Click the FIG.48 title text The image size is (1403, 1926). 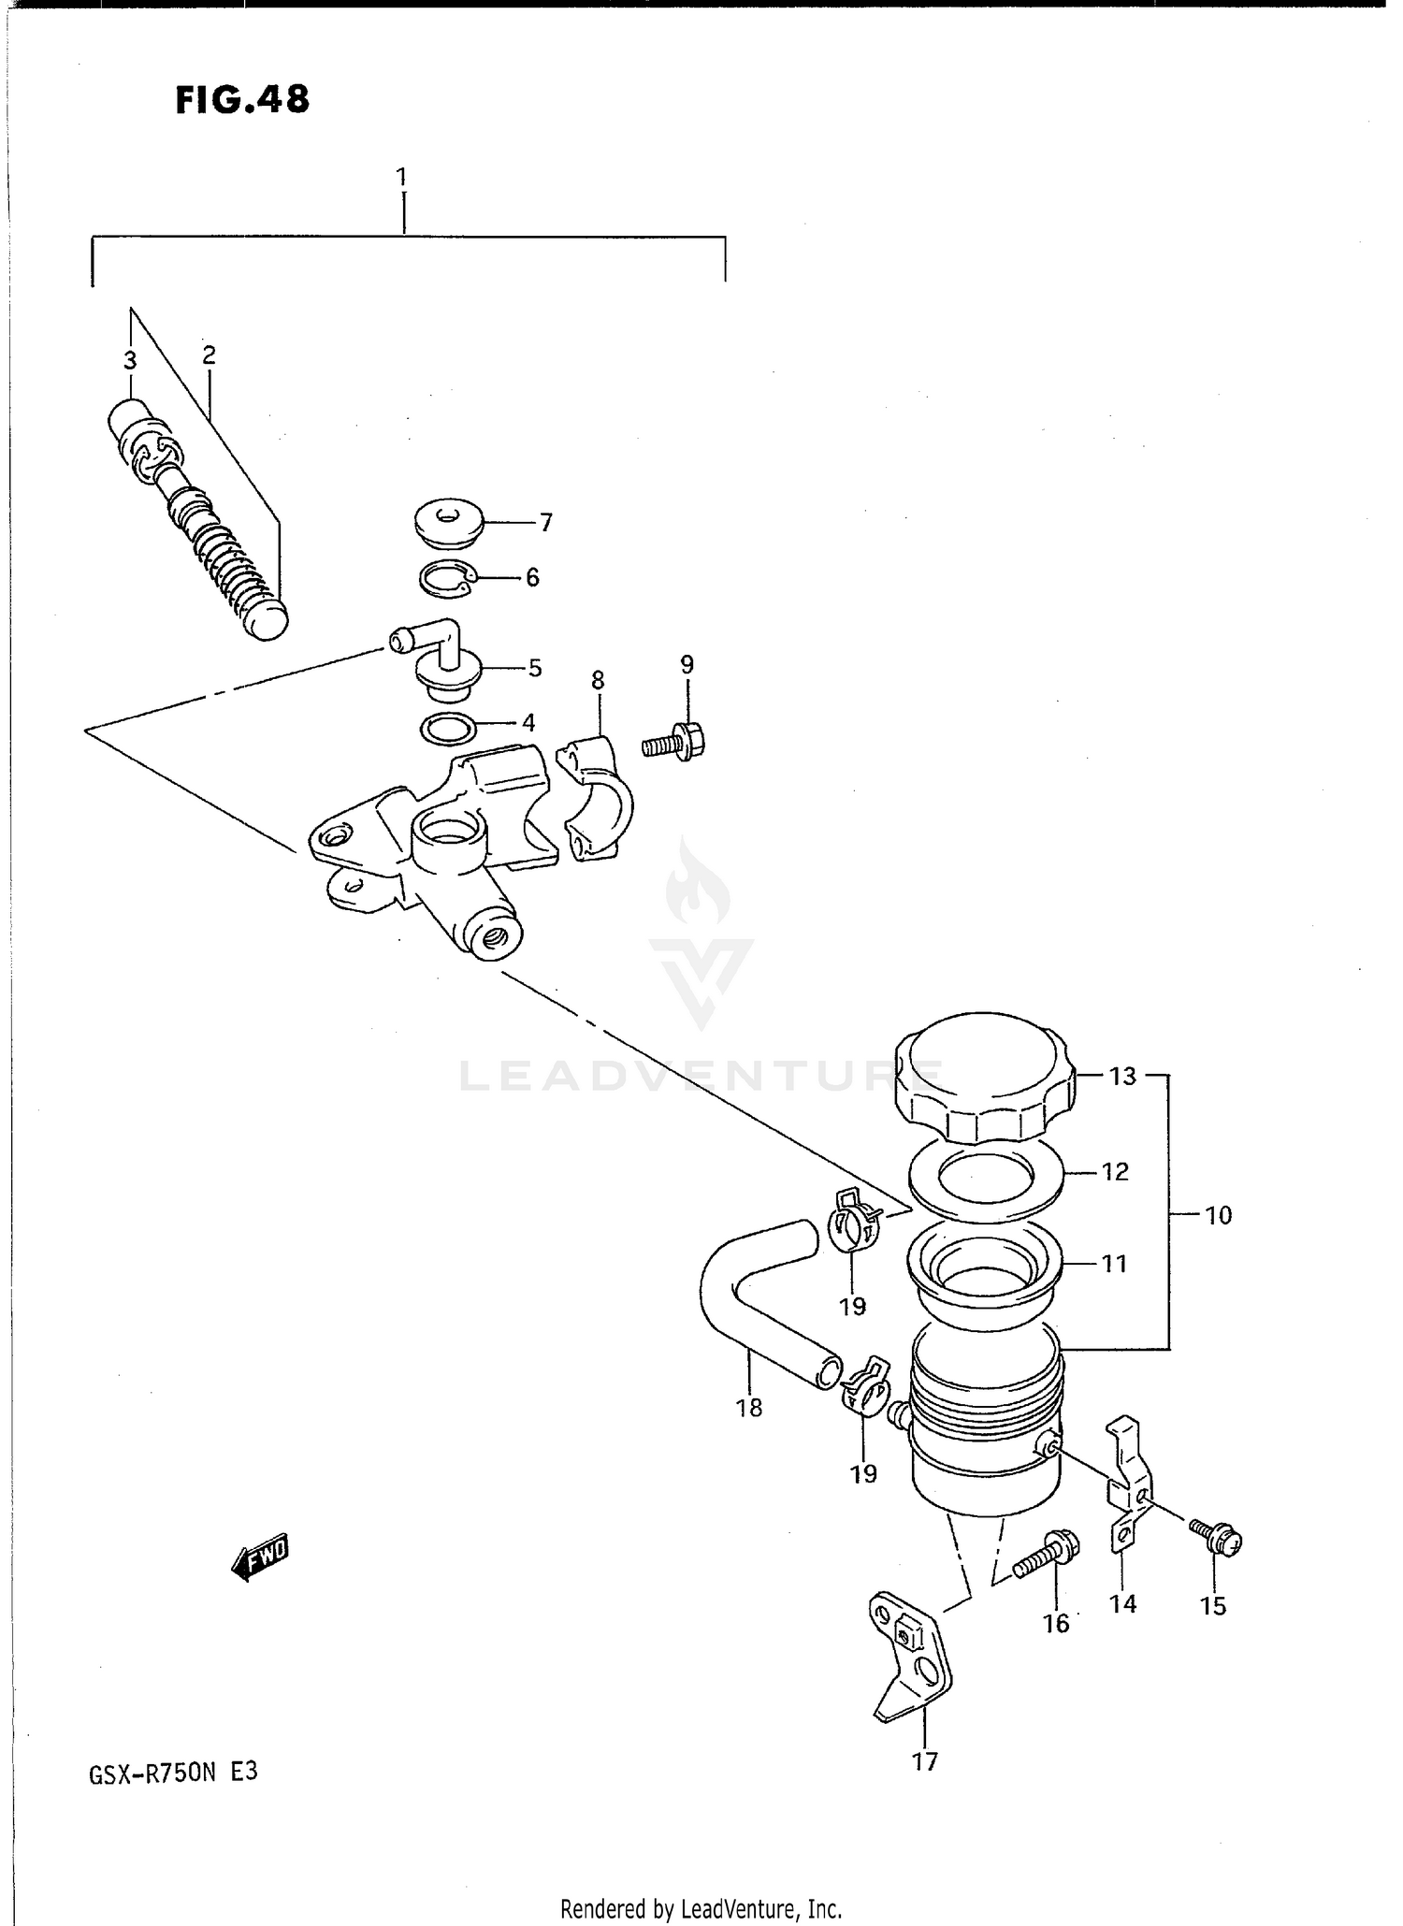pos(242,99)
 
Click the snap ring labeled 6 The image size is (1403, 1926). pos(447,579)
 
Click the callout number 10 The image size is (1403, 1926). pos(1219,1215)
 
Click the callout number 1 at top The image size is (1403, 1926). pos(401,176)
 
